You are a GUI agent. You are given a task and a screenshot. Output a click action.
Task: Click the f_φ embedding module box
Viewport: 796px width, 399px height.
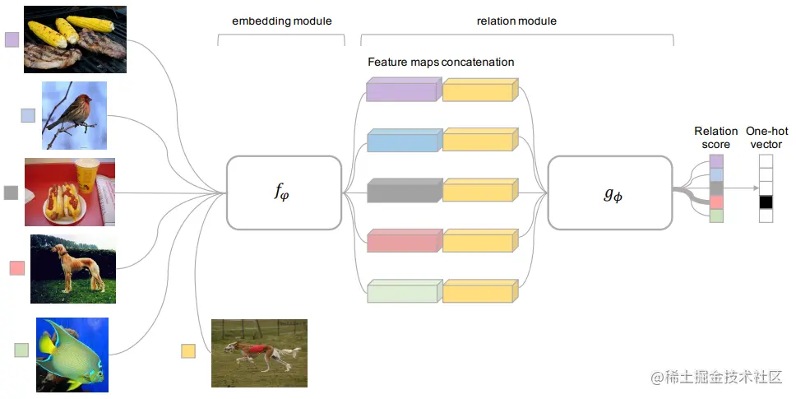pyautogui.click(x=284, y=193)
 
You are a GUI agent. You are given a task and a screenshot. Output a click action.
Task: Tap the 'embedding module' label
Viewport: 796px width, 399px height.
pyautogui.click(x=282, y=21)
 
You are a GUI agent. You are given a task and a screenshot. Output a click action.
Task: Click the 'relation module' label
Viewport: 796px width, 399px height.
pyautogui.click(x=516, y=21)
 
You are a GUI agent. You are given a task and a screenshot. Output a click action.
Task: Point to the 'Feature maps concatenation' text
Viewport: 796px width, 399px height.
pyautogui.click(x=441, y=62)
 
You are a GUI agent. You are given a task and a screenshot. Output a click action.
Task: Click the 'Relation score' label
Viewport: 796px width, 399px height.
pyautogui.click(x=716, y=137)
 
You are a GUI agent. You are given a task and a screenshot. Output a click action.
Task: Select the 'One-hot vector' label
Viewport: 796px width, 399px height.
pyautogui.click(x=766, y=137)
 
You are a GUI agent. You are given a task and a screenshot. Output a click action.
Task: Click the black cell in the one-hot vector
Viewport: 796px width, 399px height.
pyautogui.click(x=766, y=202)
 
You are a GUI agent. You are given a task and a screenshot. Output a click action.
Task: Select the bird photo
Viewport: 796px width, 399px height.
pyautogui.click(x=74, y=115)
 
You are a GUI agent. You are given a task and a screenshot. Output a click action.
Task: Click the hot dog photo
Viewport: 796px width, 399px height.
pyautogui.click(x=70, y=191)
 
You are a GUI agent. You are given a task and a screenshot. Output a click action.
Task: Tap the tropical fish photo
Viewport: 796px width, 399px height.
pyautogui.click(x=72, y=354)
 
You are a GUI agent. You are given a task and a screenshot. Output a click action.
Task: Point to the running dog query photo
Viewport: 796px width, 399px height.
pyautogui.click(x=259, y=353)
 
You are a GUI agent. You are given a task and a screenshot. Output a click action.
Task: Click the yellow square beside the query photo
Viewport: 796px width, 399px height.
pyautogui.click(x=188, y=351)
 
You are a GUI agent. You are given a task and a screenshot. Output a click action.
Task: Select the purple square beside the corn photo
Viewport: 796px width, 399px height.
pyautogui.click(x=12, y=39)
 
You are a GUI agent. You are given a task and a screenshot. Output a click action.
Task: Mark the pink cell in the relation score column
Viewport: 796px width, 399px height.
pyautogui.click(x=716, y=202)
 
